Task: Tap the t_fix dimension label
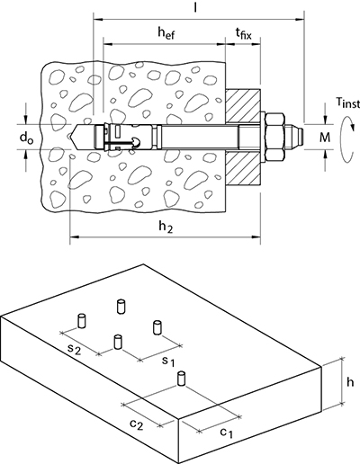(x=243, y=33)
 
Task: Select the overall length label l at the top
(x=195, y=7)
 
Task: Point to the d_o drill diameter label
(x=26, y=138)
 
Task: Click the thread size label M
(x=325, y=138)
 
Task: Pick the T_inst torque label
(x=347, y=103)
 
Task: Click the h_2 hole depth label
(x=166, y=228)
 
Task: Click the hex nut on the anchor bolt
(x=274, y=138)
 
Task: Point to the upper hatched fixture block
(x=243, y=105)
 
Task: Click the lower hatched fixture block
(x=243, y=169)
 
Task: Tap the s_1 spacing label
(x=168, y=361)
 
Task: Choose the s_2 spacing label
(x=74, y=349)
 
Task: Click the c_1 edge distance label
(x=226, y=433)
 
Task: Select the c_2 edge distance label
(x=137, y=424)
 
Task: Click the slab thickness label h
(x=350, y=381)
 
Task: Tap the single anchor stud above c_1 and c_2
(x=181, y=379)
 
